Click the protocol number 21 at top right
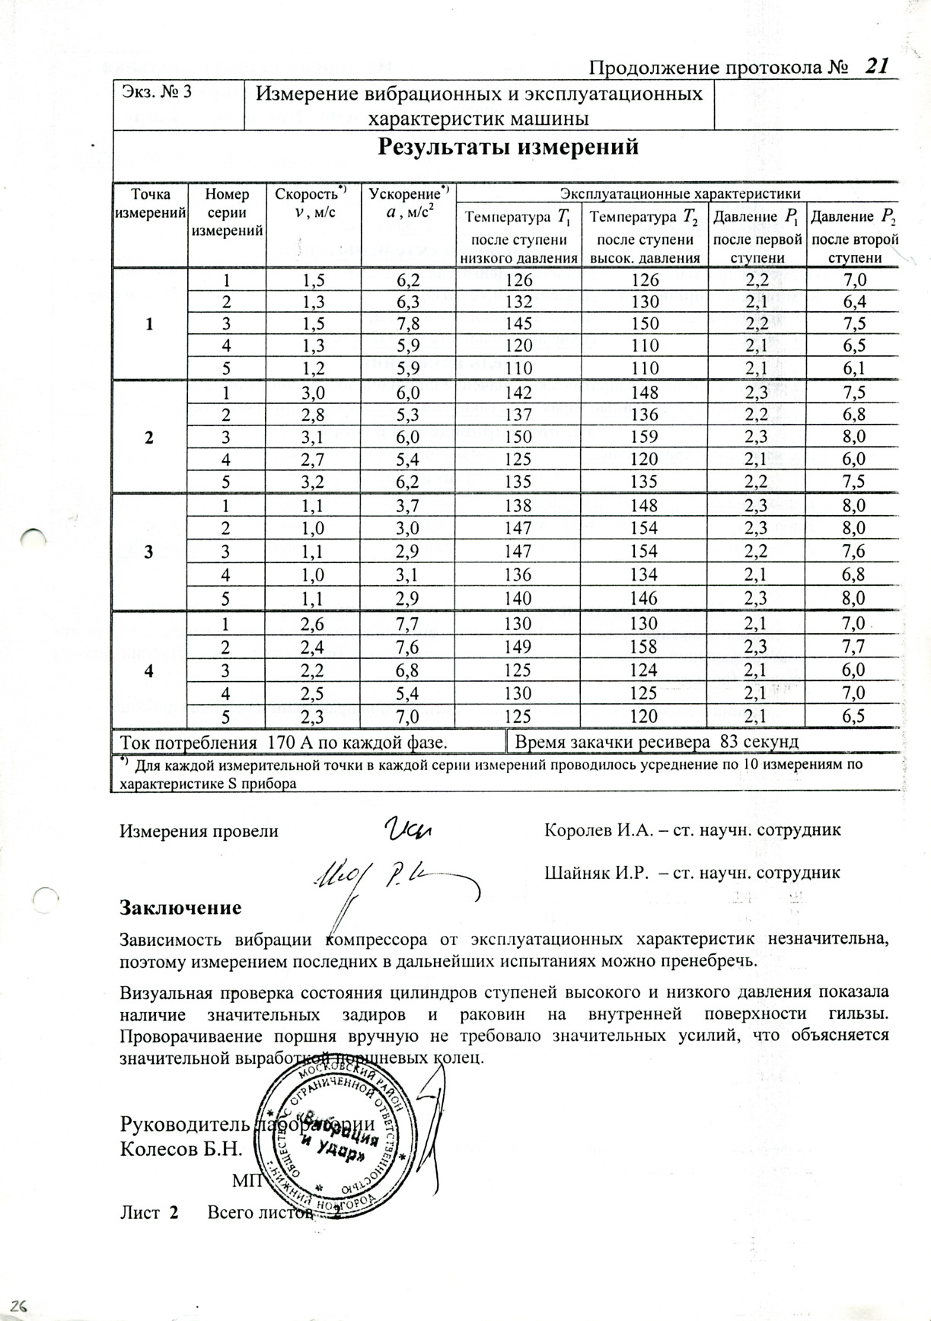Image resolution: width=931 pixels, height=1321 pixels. [x=876, y=66]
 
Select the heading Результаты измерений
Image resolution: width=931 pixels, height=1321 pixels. [x=508, y=146]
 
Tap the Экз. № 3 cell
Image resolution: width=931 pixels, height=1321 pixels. [x=155, y=92]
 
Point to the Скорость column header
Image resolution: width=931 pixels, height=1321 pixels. [x=311, y=195]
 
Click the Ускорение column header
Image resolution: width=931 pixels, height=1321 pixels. [x=409, y=195]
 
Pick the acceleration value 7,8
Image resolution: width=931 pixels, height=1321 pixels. [x=409, y=324]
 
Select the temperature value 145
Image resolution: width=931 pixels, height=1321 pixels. [x=520, y=324]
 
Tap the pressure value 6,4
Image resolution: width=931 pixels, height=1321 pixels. [x=853, y=302]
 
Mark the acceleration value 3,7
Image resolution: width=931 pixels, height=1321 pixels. [x=409, y=506]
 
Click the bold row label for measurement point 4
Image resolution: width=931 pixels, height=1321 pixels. [x=149, y=671]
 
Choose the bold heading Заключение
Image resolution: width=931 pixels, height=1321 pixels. [x=181, y=908]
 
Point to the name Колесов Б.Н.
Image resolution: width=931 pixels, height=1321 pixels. [x=181, y=1149]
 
